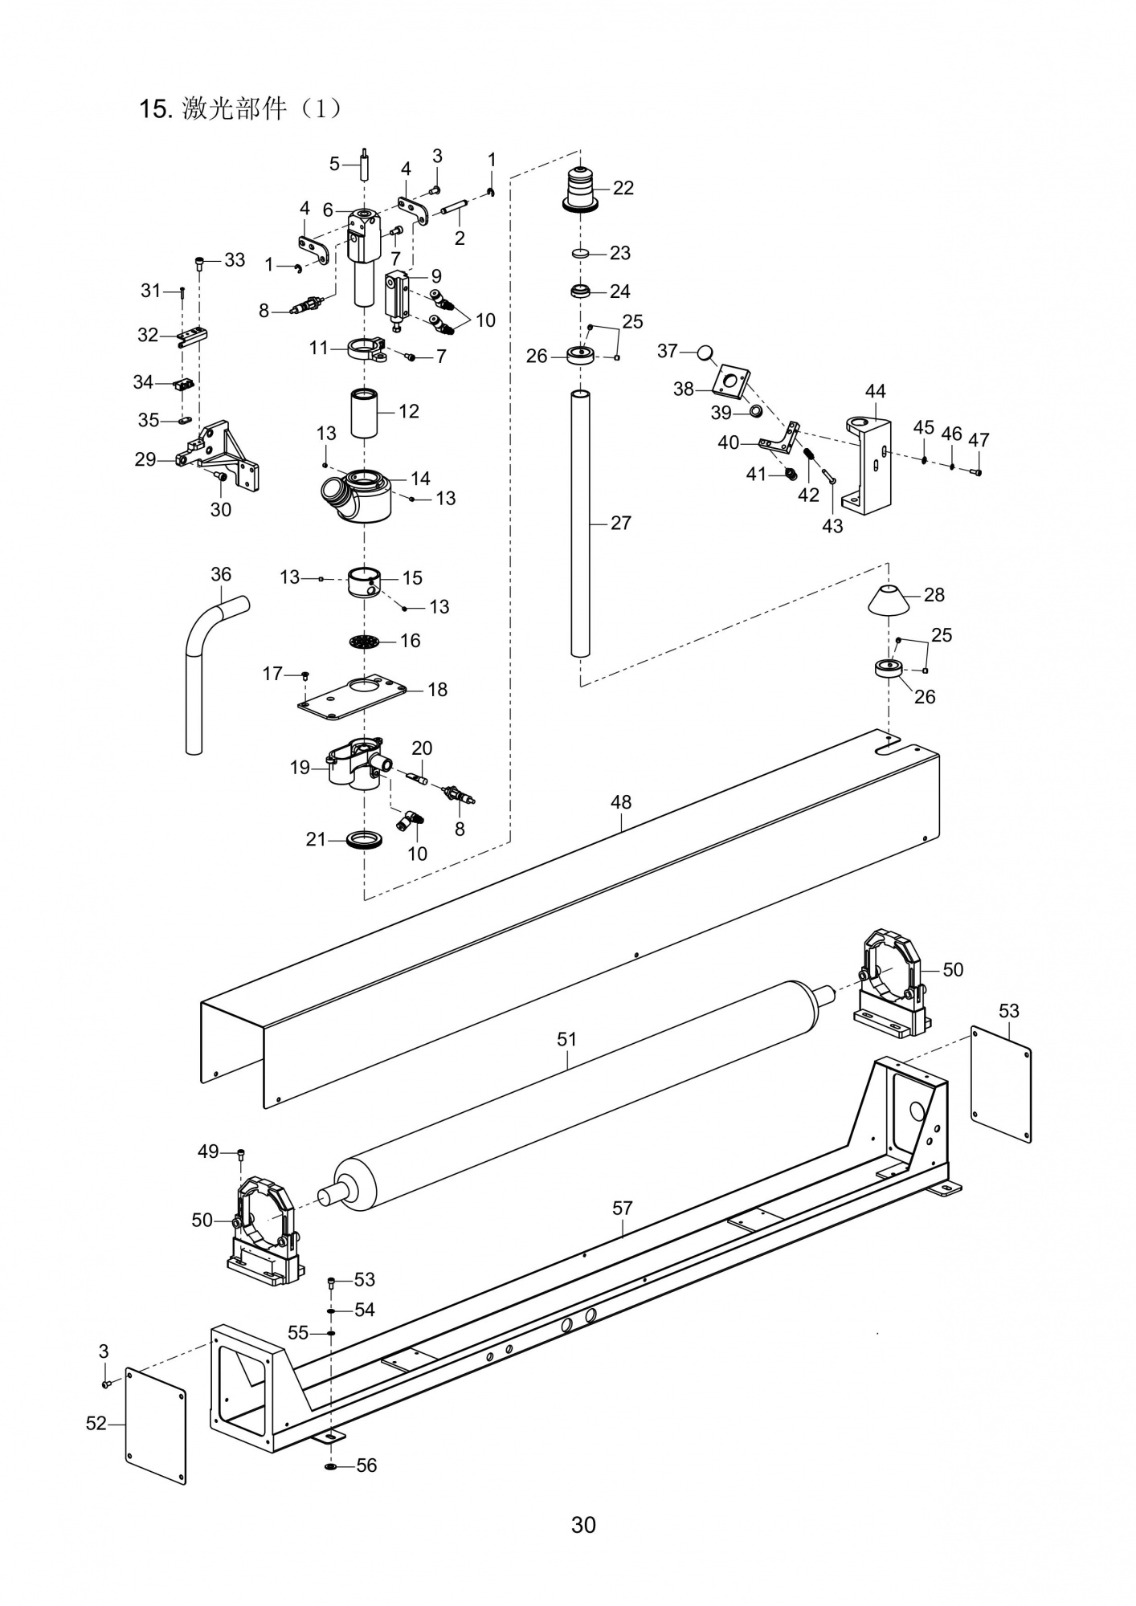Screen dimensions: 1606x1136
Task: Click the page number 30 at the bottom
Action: coord(583,1525)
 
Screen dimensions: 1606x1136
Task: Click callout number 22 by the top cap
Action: coord(623,188)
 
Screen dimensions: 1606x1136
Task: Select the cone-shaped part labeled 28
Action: coord(889,598)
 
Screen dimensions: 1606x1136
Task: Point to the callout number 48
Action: coord(621,801)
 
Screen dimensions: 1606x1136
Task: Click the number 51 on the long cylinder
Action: coord(567,1039)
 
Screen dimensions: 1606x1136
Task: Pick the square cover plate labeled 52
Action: coord(156,1425)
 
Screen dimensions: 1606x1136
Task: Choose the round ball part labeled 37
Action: coord(705,352)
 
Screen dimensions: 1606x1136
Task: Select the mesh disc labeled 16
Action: coord(364,642)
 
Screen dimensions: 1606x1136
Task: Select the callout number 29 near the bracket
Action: coord(145,460)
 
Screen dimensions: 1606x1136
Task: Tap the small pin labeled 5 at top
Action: coord(364,165)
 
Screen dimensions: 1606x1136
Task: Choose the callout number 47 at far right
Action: coord(979,440)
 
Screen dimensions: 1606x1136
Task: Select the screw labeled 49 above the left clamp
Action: coord(240,1154)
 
